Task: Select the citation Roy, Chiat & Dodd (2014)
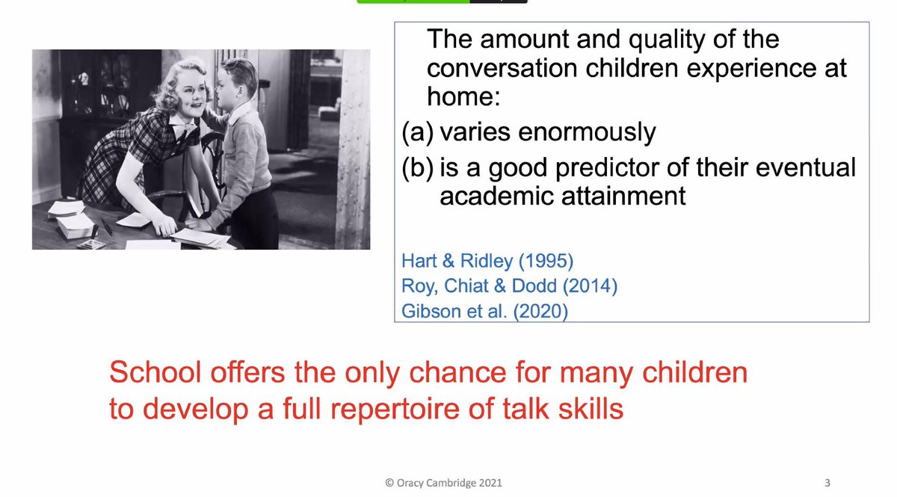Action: tap(509, 286)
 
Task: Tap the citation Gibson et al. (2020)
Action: tap(484, 312)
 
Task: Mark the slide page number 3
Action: tap(827, 483)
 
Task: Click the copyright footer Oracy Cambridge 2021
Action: tap(443, 483)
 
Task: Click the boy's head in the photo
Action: tap(238, 84)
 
